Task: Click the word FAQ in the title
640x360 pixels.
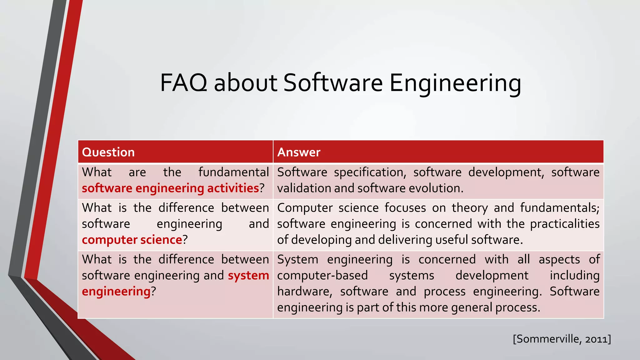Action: pyautogui.click(x=184, y=83)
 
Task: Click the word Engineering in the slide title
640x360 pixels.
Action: pyautogui.click(x=455, y=83)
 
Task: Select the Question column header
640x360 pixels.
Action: pyautogui.click(x=108, y=152)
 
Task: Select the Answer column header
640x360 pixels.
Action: pyautogui.click(x=299, y=152)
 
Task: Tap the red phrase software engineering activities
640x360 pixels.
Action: pyautogui.click(x=170, y=188)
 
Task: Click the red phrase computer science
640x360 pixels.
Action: pyautogui.click(x=132, y=240)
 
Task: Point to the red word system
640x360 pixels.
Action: pyautogui.click(x=248, y=275)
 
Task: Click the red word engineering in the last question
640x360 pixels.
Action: pyautogui.click(x=116, y=291)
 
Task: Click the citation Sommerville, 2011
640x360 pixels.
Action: pyautogui.click(x=562, y=339)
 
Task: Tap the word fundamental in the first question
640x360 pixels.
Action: pyautogui.click(x=233, y=172)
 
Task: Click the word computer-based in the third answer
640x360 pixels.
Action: pyautogui.click(x=322, y=275)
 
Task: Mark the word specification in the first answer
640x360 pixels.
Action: pyautogui.click(x=370, y=172)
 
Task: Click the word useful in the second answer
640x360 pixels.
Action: pyautogui.click(x=452, y=240)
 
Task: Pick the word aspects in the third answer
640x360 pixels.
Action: pyautogui.click(x=559, y=259)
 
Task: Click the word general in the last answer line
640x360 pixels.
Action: pyautogui.click(x=472, y=307)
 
